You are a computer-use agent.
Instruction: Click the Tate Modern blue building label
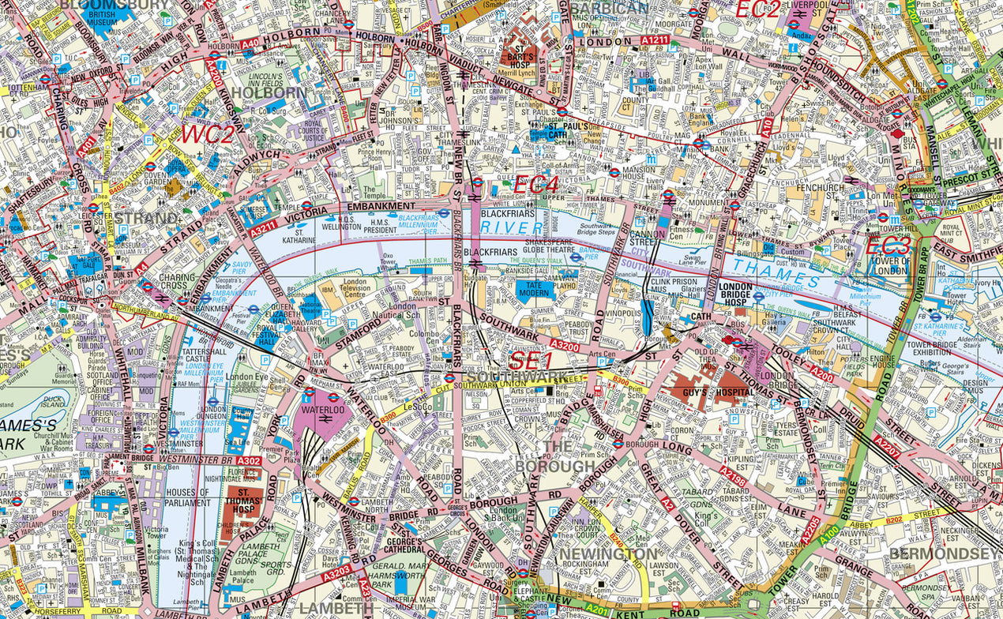pos(535,289)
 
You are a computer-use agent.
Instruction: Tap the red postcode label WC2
pos(208,133)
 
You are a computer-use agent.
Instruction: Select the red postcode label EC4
pos(536,186)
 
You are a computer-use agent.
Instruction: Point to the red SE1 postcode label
pos(530,361)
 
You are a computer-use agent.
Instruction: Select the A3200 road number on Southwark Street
pos(565,345)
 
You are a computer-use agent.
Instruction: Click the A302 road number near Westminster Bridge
pos(249,460)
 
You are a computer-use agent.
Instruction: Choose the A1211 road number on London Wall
pos(655,39)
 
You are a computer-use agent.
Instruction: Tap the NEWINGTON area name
pos(607,554)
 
